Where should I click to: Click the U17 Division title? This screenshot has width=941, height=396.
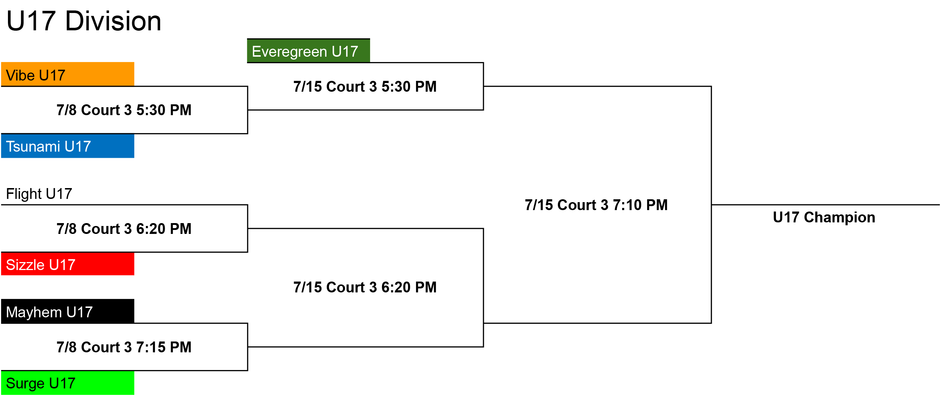click(x=84, y=21)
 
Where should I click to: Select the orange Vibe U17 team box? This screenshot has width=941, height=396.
click(x=68, y=74)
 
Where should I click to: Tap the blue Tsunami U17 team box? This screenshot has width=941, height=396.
click(x=68, y=146)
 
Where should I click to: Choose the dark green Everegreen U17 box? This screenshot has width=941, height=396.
click(x=309, y=51)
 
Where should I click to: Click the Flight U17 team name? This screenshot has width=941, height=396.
click(x=39, y=193)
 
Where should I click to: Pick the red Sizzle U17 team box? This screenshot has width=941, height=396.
click(x=68, y=264)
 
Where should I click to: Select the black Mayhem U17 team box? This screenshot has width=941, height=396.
click(x=68, y=311)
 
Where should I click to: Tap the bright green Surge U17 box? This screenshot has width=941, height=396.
click(x=68, y=383)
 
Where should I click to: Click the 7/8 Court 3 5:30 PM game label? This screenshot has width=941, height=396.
click(x=124, y=110)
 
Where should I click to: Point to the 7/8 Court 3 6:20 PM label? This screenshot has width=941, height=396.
click(x=124, y=229)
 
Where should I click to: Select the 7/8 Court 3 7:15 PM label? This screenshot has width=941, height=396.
click(x=124, y=347)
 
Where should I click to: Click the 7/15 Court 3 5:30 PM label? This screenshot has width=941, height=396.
click(x=365, y=87)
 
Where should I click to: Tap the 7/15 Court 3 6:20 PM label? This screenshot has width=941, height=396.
click(x=365, y=287)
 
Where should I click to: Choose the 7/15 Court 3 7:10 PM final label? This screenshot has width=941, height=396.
click(x=596, y=205)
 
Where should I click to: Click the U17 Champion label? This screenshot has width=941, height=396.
click(x=824, y=217)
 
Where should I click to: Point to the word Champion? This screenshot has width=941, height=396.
click(x=840, y=218)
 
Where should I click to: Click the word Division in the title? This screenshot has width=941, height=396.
click(x=113, y=21)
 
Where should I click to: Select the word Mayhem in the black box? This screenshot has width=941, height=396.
click(x=34, y=313)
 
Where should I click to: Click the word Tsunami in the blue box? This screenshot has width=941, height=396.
click(x=33, y=147)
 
